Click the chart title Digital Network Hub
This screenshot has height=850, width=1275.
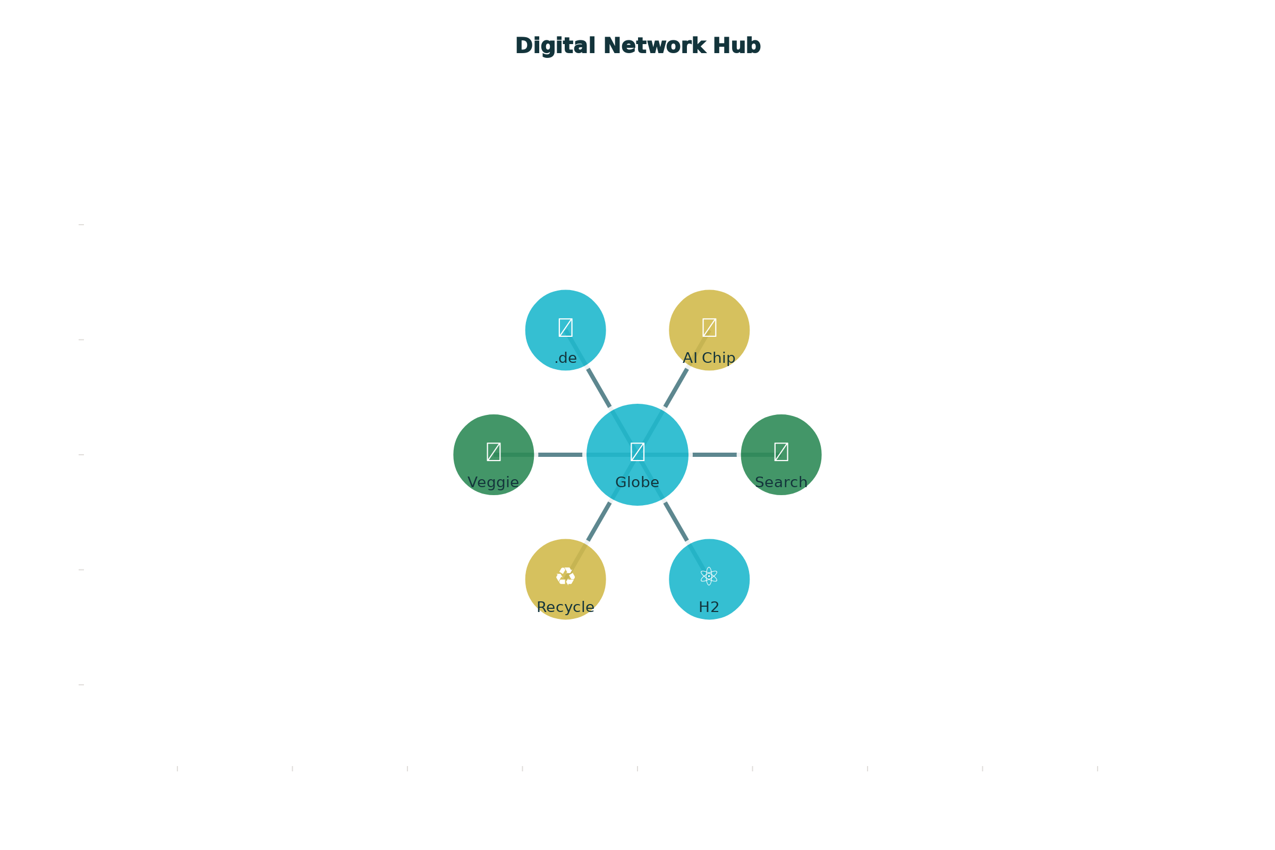click(637, 46)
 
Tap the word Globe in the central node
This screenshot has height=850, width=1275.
click(637, 482)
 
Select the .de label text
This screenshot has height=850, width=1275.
click(565, 358)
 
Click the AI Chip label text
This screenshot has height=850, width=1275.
click(709, 358)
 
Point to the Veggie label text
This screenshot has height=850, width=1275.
click(494, 482)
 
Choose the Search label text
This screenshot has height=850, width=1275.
click(781, 482)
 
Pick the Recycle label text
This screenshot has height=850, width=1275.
click(565, 607)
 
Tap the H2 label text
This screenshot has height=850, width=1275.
click(709, 607)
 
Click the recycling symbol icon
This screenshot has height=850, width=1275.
click(565, 576)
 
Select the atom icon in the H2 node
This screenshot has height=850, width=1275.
click(709, 576)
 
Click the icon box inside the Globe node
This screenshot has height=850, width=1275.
click(637, 452)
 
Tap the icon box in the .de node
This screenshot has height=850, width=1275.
click(565, 327)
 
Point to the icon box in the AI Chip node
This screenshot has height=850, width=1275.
click(709, 327)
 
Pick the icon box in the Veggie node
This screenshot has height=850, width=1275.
click(494, 452)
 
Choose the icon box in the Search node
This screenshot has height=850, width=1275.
click(781, 452)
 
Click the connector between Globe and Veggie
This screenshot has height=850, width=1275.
click(560, 455)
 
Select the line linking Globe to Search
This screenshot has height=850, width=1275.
click(715, 455)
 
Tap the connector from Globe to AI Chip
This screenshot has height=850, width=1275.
click(676, 388)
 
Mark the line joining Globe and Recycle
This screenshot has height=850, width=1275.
click(599, 522)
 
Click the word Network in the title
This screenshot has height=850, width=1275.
click(655, 46)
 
